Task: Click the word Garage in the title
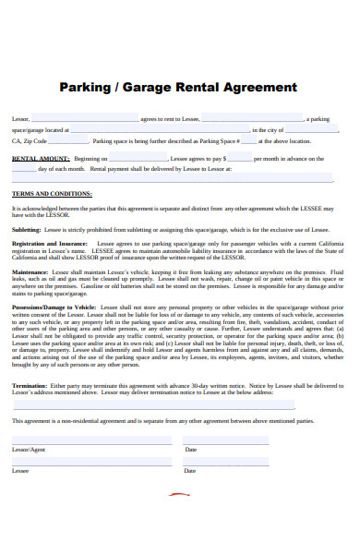pos(152,89)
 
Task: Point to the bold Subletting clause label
pos(25,229)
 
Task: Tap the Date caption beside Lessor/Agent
pos(191,449)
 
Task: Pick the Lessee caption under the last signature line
pos(20,470)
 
